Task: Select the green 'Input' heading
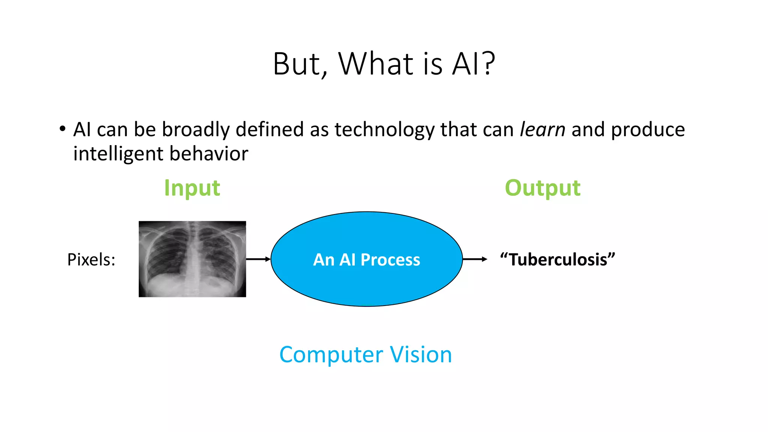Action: pos(192,188)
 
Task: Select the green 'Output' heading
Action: pos(542,188)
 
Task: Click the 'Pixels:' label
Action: pos(91,259)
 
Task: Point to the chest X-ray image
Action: pos(192,259)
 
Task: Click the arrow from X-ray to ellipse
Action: pos(258,259)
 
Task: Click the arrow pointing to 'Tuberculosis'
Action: pos(475,259)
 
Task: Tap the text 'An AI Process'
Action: pos(366,260)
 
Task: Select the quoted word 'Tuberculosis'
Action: pos(558,259)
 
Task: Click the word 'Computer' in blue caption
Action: pos(331,355)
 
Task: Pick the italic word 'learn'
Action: pos(542,130)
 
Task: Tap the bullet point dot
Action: pos(63,129)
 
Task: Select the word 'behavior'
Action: pos(209,154)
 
